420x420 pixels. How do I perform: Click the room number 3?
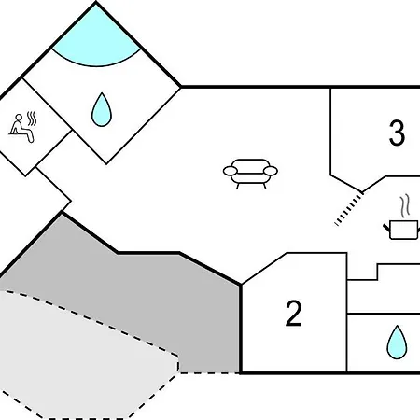click(x=397, y=133)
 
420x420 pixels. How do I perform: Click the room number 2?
click(x=293, y=314)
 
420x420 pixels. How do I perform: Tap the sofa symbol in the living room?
click(x=250, y=174)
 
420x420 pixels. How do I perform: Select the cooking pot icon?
click(x=402, y=230)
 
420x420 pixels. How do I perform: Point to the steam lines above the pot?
click(x=405, y=206)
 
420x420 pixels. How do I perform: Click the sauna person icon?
click(x=21, y=128)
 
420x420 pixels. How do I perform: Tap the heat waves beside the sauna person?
click(x=32, y=119)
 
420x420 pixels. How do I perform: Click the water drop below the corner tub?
click(x=102, y=109)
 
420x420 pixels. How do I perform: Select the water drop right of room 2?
click(x=397, y=343)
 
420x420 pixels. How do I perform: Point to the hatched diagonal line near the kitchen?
click(x=349, y=208)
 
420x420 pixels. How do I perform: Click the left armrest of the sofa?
click(x=231, y=171)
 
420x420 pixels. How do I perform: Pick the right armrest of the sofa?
click(x=271, y=171)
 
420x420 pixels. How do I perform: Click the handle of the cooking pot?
click(x=386, y=228)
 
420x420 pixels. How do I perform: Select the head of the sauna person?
click(x=19, y=118)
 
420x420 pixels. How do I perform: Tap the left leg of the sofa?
click(x=237, y=186)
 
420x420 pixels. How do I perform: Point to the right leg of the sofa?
click(x=264, y=186)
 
